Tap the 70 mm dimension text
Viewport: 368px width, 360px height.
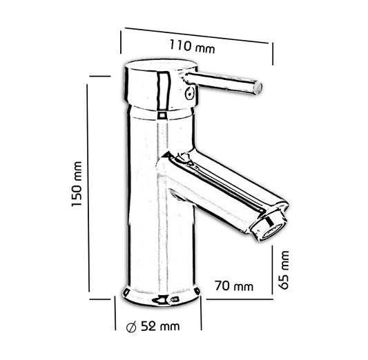coord(233,286)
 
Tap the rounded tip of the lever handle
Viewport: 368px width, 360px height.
coord(258,88)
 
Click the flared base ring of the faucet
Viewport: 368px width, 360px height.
coord(162,296)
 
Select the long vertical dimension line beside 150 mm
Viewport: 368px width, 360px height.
coord(88,186)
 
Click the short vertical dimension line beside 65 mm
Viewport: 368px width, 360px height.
coord(273,266)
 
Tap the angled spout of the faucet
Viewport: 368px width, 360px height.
coord(221,190)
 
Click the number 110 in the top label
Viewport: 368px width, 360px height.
coord(181,46)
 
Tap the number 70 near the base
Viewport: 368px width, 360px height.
coord(222,286)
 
